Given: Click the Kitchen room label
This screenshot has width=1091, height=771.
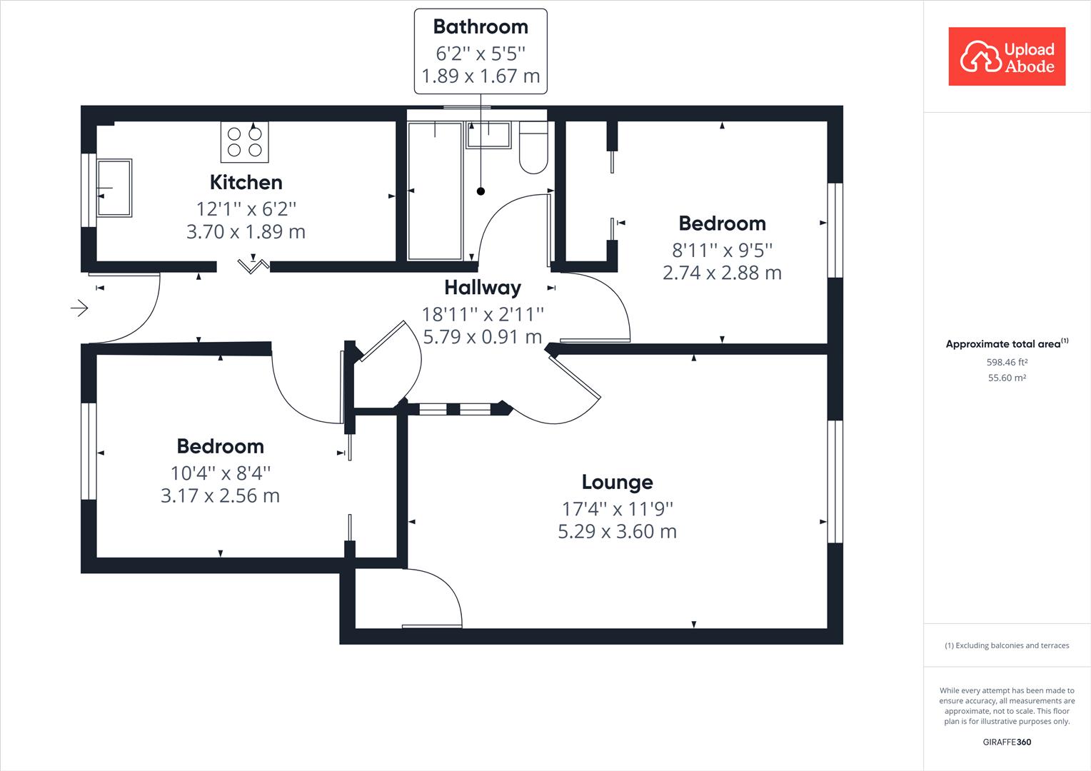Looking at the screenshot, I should click(x=246, y=182).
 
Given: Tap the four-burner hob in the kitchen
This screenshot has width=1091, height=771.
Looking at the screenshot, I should click(x=244, y=141).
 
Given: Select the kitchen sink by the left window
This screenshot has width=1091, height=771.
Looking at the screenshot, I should click(x=114, y=188).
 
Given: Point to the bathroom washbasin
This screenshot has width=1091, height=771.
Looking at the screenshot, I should click(x=488, y=135).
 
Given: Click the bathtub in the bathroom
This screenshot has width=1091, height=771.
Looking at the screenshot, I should click(x=435, y=191).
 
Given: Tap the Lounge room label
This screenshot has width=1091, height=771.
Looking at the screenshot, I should click(x=617, y=482).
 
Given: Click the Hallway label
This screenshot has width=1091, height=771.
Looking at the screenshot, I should click(x=482, y=287).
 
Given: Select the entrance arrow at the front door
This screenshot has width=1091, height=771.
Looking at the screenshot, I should click(x=79, y=308).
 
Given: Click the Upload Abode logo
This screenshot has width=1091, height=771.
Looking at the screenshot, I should click(x=1007, y=57).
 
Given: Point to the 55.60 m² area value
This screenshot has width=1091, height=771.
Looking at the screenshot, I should click(x=1007, y=378).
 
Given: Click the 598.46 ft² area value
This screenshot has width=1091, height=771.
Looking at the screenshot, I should click(x=1007, y=362).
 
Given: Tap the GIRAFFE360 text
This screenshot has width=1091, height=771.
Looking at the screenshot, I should click(x=1007, y=742).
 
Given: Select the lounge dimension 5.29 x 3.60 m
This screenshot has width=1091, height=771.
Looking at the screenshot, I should click(x=617, y=531).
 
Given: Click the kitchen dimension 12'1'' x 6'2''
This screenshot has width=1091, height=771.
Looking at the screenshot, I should click(x=246, y=208).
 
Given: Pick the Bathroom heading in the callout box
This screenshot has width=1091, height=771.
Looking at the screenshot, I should click(x=481, y=27).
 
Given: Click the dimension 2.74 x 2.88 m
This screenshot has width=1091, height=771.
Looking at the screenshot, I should click(x=722, y=273).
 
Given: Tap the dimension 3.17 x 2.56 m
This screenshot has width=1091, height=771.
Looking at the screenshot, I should click(x=220, y=495).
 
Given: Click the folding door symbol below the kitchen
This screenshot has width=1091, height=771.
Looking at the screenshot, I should click(x=253, y=265).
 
